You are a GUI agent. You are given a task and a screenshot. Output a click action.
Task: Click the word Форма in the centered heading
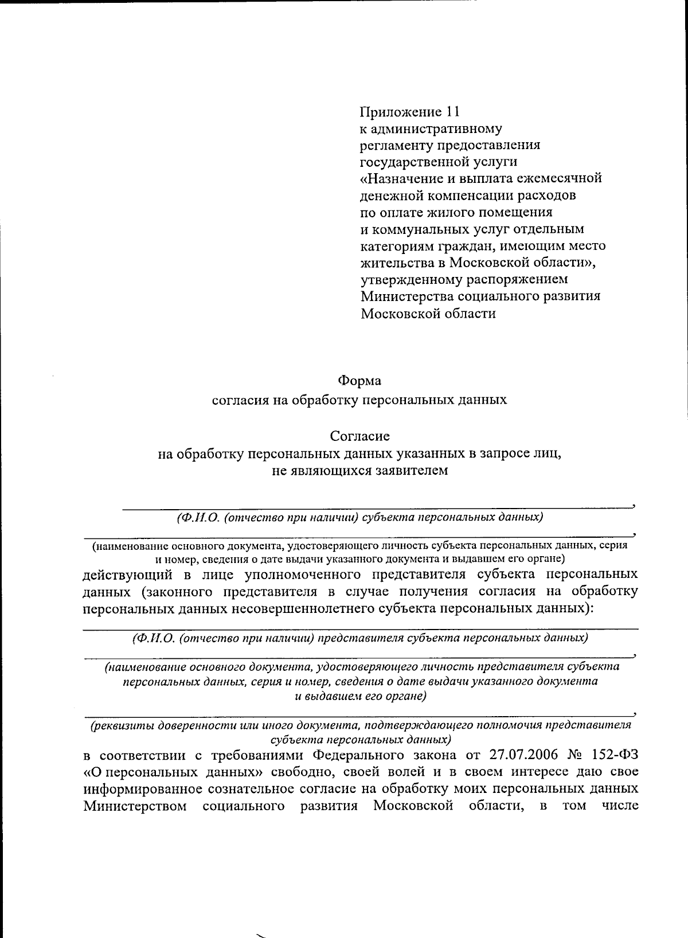(x=359, y=381)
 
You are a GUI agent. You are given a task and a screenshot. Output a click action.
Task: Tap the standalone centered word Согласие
(x=359, y=436)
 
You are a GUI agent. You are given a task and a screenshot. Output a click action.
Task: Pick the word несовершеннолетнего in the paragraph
(x=300, y=609)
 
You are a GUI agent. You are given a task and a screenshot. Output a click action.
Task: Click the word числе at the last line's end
(x=620, y=807)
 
